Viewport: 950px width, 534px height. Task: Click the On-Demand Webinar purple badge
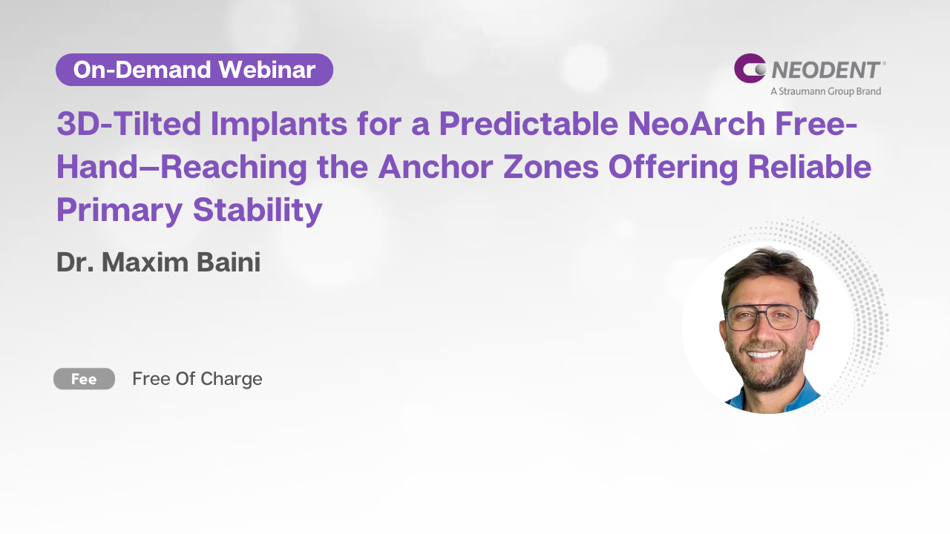194,70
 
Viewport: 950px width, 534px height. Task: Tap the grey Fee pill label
84,378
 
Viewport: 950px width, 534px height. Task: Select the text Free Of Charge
197,379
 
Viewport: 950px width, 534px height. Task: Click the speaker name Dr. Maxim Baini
159,262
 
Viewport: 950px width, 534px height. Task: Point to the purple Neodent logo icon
750,68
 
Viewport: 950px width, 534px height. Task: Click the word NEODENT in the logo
826,70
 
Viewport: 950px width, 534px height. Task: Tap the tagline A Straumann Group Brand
826,91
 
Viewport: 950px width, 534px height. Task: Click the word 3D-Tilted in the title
128,124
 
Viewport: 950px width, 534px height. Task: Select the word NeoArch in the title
696,124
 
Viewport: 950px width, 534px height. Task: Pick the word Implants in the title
279,125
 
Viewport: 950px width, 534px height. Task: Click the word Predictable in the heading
528,124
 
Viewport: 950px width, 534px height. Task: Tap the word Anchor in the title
436,167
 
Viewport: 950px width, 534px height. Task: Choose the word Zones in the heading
551,167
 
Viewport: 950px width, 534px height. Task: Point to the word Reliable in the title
810,167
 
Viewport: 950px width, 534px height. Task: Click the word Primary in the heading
119,210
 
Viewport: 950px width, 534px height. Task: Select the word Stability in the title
258,210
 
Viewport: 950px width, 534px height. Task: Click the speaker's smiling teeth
764,354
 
